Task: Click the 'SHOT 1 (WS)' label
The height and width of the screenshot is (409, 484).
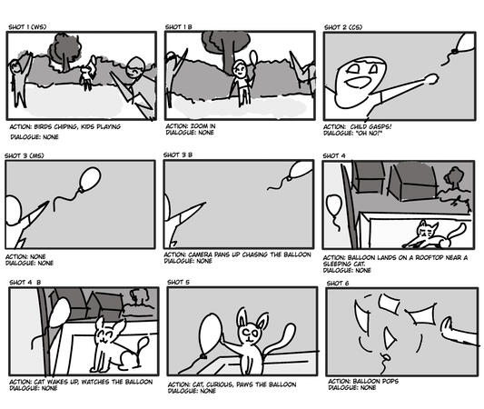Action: (x=27, y=27)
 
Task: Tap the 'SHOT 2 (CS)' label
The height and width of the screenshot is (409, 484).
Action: (x=343, y=27)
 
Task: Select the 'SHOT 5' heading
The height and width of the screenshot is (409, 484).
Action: (x=178, y=282)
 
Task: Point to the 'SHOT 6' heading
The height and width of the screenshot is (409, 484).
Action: (x=338, y=284)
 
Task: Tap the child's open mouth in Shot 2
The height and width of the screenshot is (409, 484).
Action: (x=358, y=82)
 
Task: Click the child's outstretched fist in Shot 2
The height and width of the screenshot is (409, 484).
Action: (x=432, y=78)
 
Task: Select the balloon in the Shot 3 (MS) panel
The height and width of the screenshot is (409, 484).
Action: (x=90, y=179)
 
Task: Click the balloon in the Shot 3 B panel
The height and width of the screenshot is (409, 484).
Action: (x=300, y=170)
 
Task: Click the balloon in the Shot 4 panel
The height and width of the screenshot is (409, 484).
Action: (x=334, y=206)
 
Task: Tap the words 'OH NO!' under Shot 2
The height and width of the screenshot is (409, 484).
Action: (x=369, y=133)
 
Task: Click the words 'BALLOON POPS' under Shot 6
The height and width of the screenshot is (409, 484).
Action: (x=375, y=381)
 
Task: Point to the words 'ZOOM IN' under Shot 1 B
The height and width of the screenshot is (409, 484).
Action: (x=202, y=126)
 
